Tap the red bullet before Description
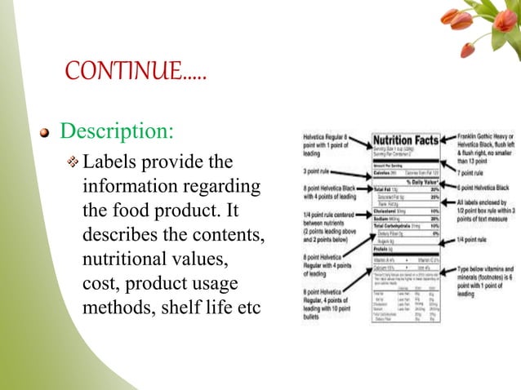48,132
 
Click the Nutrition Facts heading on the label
406,140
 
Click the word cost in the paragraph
101,286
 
